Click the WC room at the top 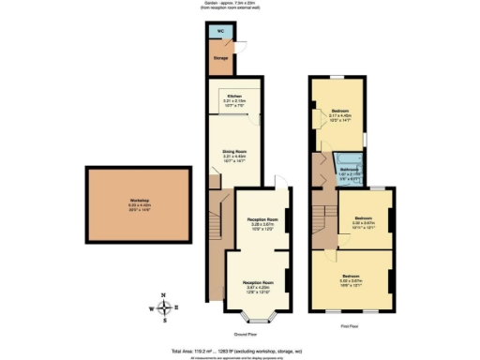coord(221,31)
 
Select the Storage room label coord(221,57)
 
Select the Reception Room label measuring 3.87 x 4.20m coord(259,285)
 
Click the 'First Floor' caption coord(352,325)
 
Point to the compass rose coord(163,307)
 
